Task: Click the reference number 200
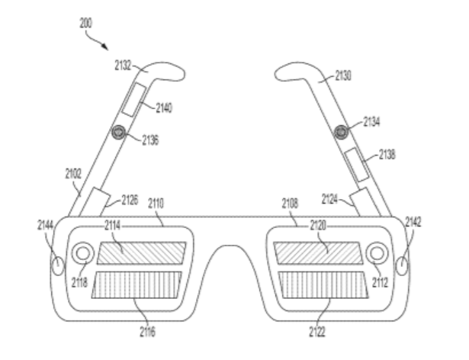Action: click(x=85, y=23)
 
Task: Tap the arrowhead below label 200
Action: click(x=104, y=47)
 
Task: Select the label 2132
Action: click(x=123, y=66)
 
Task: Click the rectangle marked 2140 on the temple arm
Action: click(x=133, y=100)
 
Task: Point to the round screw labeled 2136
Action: click(x=118, y=132)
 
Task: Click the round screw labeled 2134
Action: click(x=341, y=132)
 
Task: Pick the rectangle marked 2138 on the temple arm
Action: click(x=357, y=165)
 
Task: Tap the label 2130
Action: click(x=343, y=76)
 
